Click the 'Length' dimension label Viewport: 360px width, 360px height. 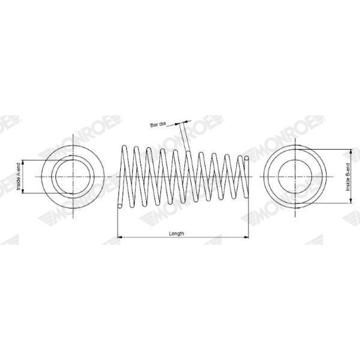(x=176, y=234)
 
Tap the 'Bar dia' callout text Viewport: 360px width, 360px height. (x=158, y=125)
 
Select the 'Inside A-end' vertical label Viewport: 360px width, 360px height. (x=18, y=176)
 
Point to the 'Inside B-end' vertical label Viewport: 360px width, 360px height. (x=347, y=177)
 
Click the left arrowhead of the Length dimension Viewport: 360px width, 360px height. (x=119, y=237)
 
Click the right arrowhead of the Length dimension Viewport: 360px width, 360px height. (x=247, y=237)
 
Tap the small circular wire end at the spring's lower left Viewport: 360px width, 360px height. (x=119, y=206)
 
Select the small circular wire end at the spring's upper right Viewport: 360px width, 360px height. (x=247, y=158)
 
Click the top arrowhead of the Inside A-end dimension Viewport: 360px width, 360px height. (x=23, y=162)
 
